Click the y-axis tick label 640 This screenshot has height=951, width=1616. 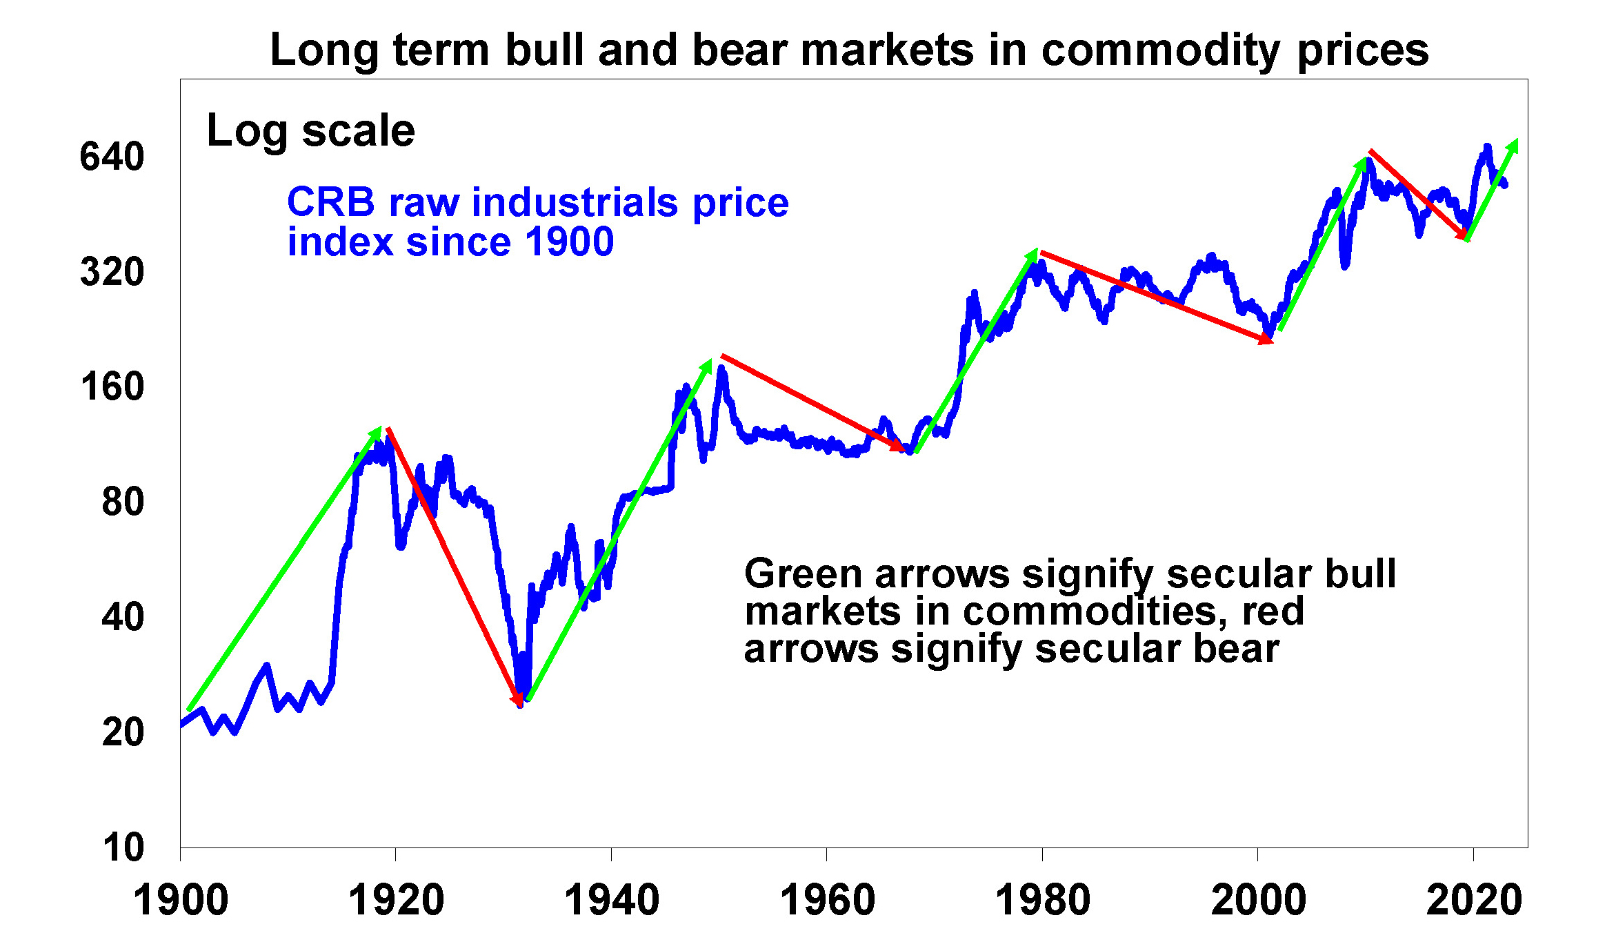point(112,157)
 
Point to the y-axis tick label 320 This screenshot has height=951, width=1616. point(112,272)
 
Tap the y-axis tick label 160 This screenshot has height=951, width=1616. point(112,386)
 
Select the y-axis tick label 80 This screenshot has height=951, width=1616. point(123,502)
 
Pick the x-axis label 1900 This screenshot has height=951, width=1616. point(181,901)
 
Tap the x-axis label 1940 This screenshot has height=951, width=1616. point(612,901)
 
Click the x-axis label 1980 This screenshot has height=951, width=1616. point(1043,901)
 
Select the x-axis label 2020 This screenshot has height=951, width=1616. point(1474,901)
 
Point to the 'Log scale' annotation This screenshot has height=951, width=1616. point(311,130)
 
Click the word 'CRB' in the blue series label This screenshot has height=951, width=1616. point(331,203)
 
